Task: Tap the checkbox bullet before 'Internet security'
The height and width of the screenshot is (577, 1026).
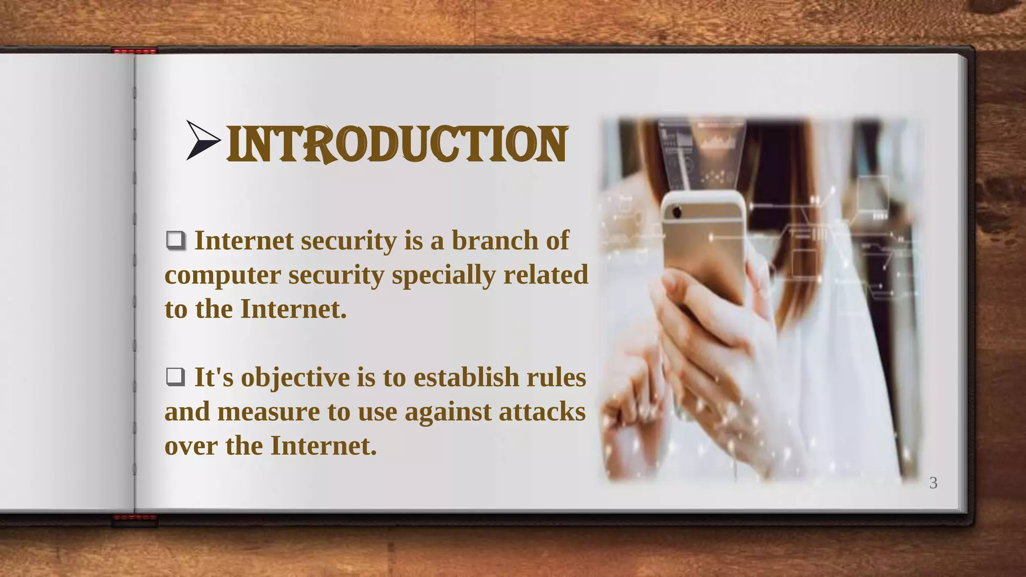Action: point(175,240)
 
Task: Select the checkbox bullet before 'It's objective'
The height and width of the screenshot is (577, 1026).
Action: point(175,377)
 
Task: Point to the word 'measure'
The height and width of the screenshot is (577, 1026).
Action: point(269,412)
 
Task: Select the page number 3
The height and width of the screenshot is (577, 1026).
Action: point(933,483)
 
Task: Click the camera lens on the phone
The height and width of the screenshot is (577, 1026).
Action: point(677,212)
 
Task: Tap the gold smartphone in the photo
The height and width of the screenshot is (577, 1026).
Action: point(704,245)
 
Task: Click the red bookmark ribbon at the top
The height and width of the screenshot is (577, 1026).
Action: point(134,51)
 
